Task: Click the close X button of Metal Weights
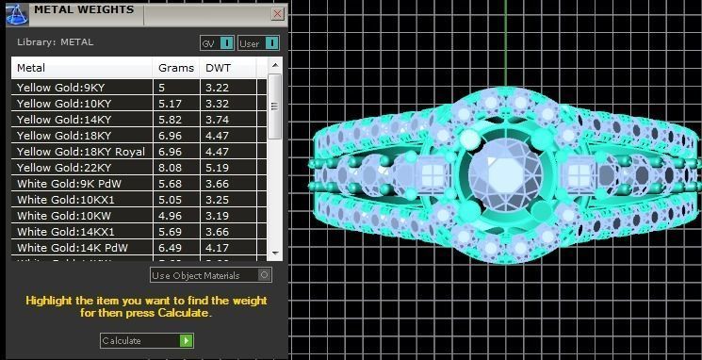coord(277,14)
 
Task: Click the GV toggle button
coord(217,43)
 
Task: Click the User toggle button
coord(258,43)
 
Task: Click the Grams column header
coord(175,68)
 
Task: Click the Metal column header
coord(81,68)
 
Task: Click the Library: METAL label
coord(56,42)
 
